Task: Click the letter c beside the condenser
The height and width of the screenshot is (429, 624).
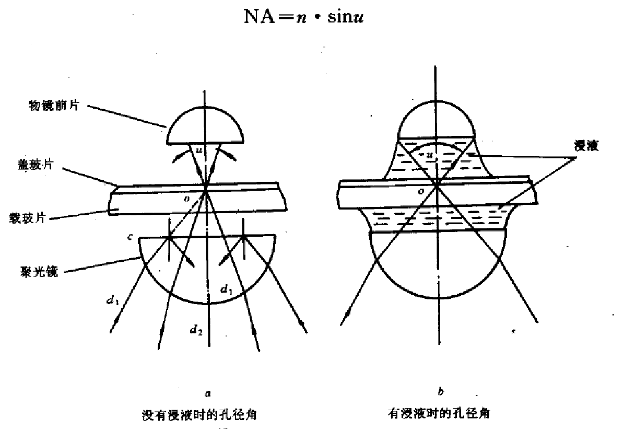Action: [130, 238]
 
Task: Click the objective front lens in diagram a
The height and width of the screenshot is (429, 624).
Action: [206, 125]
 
